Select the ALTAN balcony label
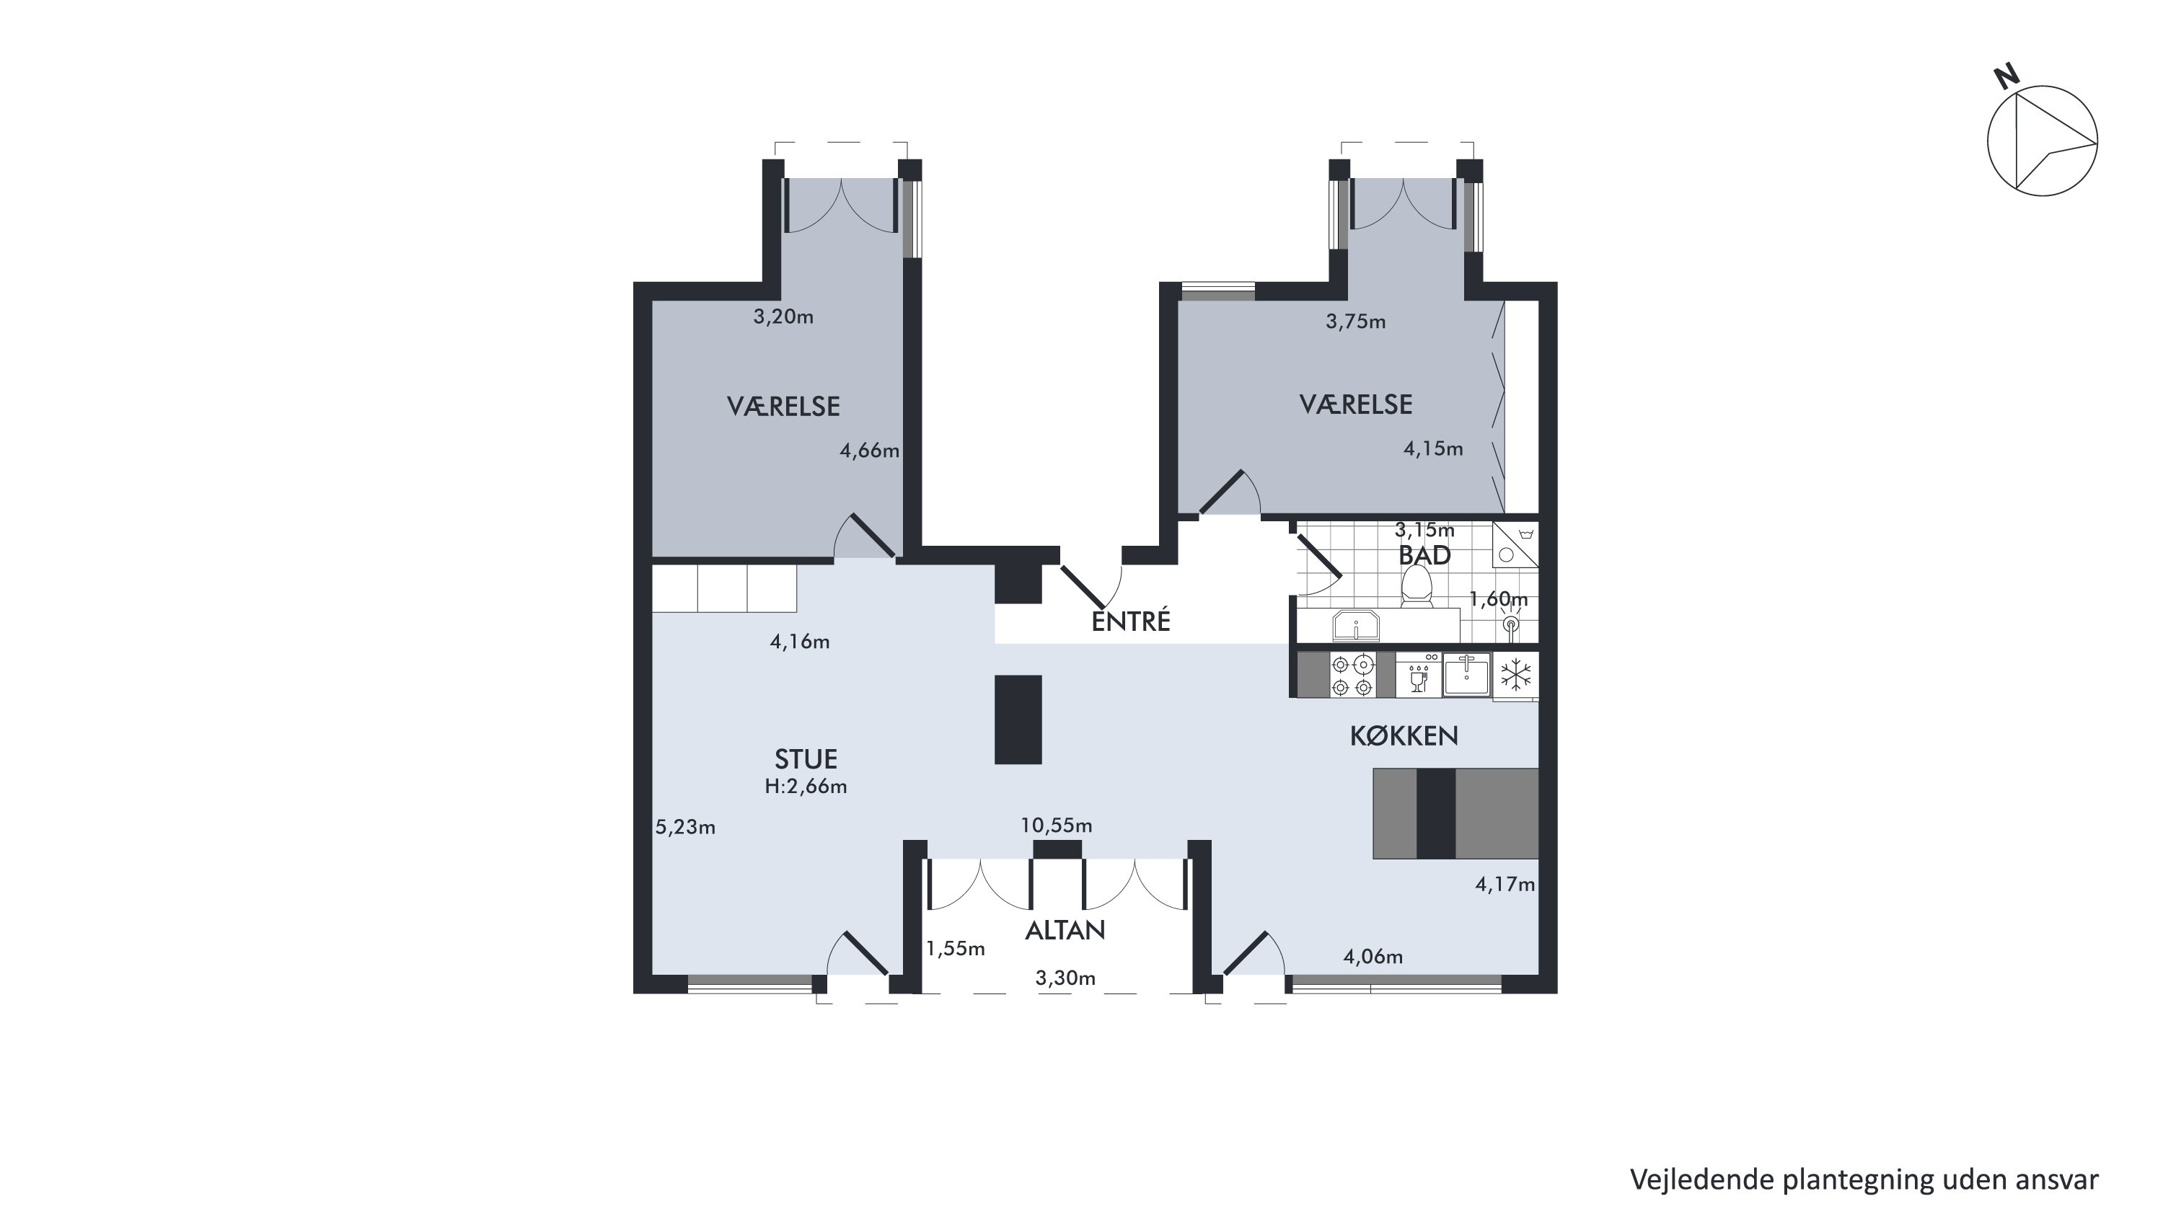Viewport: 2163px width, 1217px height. coord(1065,930)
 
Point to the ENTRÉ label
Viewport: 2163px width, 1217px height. coord(1130,620)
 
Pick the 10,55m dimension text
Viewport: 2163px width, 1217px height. coord(1057,826)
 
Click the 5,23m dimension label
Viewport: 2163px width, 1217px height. coord(685,828)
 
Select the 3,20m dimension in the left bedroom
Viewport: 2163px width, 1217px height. coord(783,317)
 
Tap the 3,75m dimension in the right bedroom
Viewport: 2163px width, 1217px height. coord(1355,322)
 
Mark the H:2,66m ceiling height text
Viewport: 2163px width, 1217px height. coord(805,787)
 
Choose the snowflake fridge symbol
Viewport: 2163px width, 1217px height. coord(1515,675)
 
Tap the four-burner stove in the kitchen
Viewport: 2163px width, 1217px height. coord(1352,676)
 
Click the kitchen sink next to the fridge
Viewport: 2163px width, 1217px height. coord(1467,675)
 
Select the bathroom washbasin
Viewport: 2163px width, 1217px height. coord(1355,625)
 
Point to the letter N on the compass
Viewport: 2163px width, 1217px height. coord(2006,77)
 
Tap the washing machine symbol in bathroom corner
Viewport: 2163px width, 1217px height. coord(1515,544)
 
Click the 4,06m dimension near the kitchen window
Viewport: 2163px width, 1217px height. coord(1373,957)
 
